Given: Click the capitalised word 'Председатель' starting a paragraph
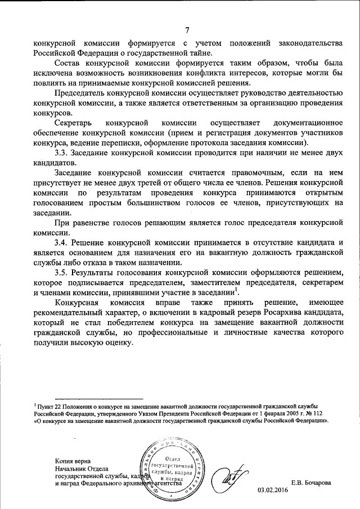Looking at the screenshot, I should (x=82, y=92).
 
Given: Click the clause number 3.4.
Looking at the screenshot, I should (x=61, y=242).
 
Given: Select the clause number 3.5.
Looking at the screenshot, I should (x=61, y=272).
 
